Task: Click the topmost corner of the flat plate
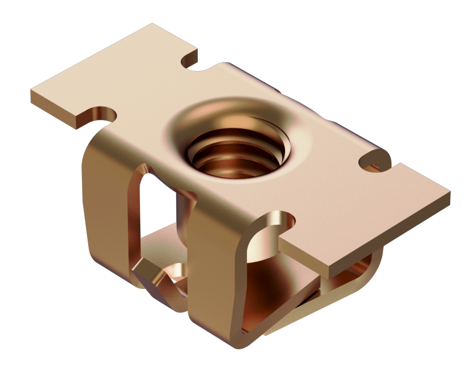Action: tap(153, 24)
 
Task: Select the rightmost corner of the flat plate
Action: tap(449, 193)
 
